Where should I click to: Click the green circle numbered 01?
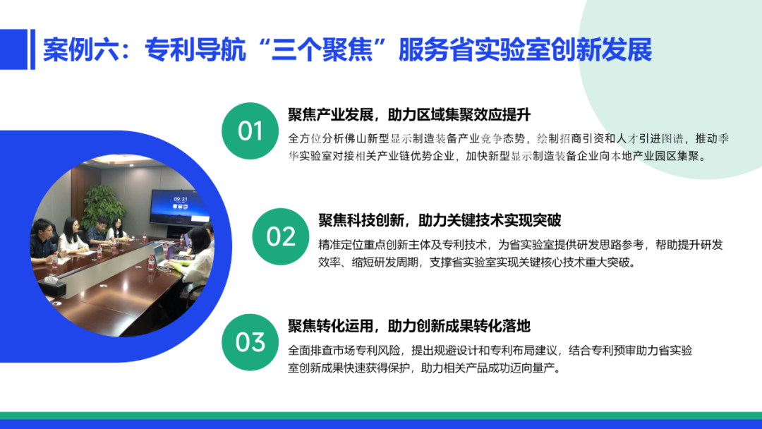pos(250,131)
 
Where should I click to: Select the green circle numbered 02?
pos(280,236)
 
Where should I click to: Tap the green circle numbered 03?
pos(250,342)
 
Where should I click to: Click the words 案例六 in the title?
pos(80,49)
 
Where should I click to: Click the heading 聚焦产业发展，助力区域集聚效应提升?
pos(409,115)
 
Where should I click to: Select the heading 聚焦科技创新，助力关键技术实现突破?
pos(440,220)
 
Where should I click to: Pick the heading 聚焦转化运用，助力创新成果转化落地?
pos(409,326)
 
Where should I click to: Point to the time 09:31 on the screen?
pos(181,199)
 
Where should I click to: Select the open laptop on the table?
pos(162,253)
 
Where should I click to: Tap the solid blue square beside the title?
pos(13,49)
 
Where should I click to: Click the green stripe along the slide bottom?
pos(381,416)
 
